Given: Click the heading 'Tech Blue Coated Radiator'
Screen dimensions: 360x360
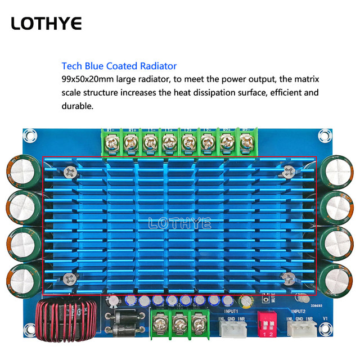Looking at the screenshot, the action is (x=119, y=66).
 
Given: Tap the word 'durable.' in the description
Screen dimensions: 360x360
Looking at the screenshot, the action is (x=77, y=105).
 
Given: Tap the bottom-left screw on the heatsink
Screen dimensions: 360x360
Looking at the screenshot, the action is (x=70, y=277).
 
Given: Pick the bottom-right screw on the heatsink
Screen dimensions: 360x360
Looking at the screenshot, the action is (x=288, y=276).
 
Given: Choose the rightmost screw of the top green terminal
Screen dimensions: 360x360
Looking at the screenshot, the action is (x=246, y=143).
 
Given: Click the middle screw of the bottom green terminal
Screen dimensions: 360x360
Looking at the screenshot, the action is (x=180, y=325).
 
